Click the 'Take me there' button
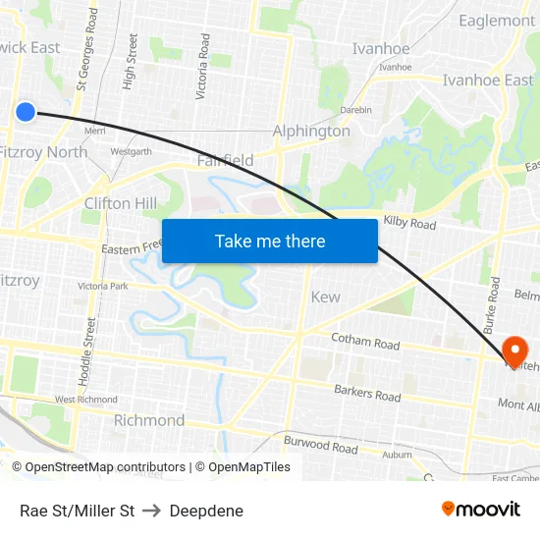tap(270, 241)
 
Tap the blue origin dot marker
tap(26, 112)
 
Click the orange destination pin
tap(513, 351)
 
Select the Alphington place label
tap(311, 131)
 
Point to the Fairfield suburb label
tap(225, 160)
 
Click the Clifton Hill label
tap(120, 203)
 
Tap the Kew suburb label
tap(325, 297)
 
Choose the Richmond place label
tap(149, 420)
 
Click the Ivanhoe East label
tap(488, 81)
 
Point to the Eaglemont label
tap(497, 21)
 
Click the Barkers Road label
tap(367, 395)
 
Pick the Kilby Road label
tap(409, 224)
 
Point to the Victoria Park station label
tap(103, 287)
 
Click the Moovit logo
tap(480, 509)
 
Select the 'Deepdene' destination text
tap(206, 511)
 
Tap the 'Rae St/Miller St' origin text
tap(77, 511)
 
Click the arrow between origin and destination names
tap(152, 511)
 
